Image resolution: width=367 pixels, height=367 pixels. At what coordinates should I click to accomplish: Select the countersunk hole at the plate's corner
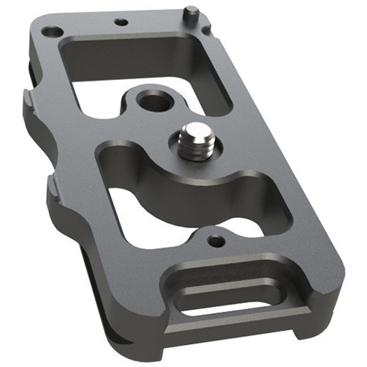pos(52,32)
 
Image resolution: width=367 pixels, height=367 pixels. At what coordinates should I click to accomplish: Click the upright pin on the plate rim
pos(189,12)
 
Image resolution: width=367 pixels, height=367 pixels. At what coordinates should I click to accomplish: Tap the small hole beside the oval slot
pos(214,240)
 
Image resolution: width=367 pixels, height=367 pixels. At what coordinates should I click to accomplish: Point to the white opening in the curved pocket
pos(147,217)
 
